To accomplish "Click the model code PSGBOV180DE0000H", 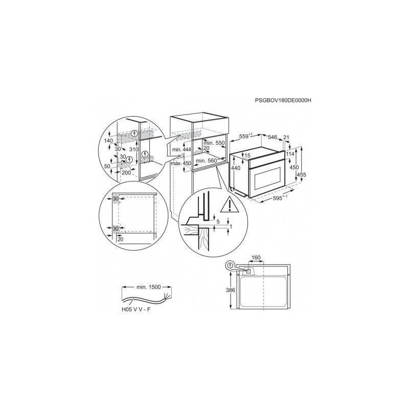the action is click(283, 100).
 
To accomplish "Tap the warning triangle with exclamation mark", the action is click(230, 205).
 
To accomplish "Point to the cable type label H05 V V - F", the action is click(136, 310).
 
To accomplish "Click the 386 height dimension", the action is click(231, 290).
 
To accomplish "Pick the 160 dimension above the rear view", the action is click(256, 258).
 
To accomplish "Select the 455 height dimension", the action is click(301, 175).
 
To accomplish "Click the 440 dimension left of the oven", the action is click(236, 168).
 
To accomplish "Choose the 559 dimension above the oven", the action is click(246, 136).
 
